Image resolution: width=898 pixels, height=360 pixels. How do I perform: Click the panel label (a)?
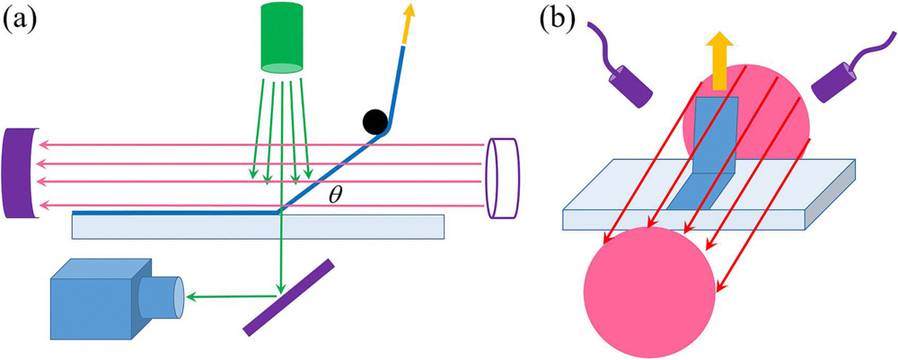pos(21,20)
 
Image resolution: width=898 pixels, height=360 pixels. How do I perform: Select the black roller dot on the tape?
pos(374,122)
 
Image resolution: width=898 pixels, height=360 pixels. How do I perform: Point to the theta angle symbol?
pos(335,194)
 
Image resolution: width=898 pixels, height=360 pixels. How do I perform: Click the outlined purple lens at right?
pos(503,178)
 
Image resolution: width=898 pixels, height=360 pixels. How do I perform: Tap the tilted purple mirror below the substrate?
pos(288,297)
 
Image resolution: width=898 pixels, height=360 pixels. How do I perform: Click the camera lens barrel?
pos(164,295)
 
